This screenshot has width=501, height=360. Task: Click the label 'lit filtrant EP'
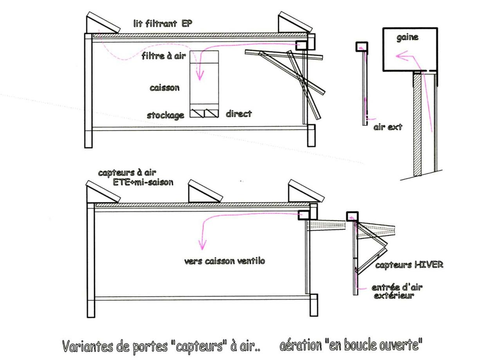coord(162,23)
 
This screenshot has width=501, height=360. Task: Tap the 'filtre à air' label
coord(164,56)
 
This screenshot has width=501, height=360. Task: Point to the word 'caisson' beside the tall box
coord(165,88)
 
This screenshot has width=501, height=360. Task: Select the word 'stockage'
coord(166,115)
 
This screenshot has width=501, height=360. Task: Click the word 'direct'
coord(239,114)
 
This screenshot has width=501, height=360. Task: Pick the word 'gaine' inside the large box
coord(407,38)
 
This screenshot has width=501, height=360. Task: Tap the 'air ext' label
coord(388,127)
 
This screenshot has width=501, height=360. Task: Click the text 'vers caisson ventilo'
coord(225,261)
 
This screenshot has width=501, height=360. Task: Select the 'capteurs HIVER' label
coord(409,265)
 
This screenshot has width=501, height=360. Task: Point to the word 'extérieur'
coord(394,295)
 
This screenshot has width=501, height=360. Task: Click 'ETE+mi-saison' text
coord(143,182)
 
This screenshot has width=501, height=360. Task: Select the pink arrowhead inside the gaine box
coord(402,56)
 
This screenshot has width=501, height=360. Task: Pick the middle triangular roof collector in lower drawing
coord(205,191)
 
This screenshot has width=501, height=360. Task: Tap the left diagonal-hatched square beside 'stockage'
coord(197,113)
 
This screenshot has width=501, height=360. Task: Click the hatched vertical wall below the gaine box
coord(417,124)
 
